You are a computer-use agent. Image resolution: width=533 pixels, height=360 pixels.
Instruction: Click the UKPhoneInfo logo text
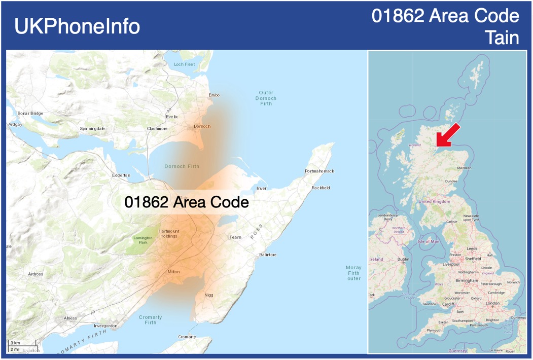(x=77, y=26)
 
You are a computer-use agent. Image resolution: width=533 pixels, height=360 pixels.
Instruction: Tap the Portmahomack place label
(x=319, y=171)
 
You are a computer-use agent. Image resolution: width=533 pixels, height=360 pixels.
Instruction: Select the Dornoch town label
(x=202, y=126)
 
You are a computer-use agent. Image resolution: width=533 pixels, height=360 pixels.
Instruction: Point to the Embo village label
(x=214, y=95)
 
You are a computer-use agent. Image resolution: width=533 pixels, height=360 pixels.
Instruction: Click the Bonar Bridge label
(x=30, y=113)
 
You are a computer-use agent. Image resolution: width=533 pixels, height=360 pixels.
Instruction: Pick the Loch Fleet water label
(x=184, y=64)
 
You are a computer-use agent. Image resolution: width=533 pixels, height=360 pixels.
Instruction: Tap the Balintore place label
(x=268, y=255)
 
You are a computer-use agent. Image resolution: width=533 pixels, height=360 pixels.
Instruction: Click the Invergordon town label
(x=105, y=326)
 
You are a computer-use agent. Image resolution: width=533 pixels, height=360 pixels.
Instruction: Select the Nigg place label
(x=209, y=295)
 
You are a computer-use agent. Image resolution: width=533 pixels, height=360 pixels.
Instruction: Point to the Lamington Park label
(x=143, y=240)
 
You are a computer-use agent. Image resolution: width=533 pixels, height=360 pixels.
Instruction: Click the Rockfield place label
(x=321, y=188)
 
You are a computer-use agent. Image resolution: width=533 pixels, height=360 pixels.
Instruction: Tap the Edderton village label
(x=121, y=175)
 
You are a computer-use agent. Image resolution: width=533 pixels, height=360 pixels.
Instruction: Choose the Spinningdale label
(x=92, y=129)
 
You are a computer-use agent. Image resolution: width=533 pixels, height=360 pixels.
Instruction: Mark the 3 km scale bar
(x=15, y=343)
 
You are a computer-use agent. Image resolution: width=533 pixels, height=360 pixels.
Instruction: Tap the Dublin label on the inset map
(x=403, y=259)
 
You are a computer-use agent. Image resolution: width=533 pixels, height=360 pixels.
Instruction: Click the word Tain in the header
(x=502, y=38)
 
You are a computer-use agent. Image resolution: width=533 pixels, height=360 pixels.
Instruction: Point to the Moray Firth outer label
(x=353, y=273)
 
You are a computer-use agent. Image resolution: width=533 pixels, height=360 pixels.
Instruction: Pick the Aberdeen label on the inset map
(x=464, y=167)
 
